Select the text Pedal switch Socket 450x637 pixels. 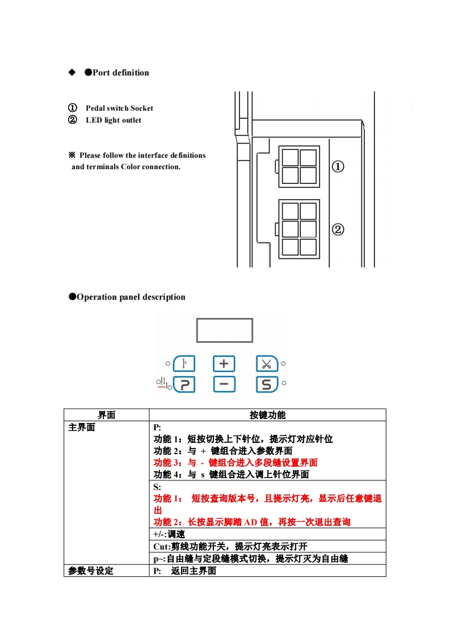point(119,108)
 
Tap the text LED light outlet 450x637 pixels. point(113,120)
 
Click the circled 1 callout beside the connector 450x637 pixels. point(338,166)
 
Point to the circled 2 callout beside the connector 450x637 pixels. point(338,229)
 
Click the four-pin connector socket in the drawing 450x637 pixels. point(299,166)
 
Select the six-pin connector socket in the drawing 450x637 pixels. point(299,229)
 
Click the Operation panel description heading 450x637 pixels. point(131,297)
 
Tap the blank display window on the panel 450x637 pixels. point(224,330)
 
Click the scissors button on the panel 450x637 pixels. point(266,363)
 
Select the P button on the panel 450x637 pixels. point(184,384)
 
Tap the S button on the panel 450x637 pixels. point(266,384)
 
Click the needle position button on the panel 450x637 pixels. point(184,363)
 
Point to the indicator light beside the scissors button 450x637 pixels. point(283,363)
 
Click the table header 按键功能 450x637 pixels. point(267,415)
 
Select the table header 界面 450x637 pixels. point(106,415)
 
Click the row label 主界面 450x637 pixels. point(82,428)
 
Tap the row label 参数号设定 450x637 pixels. point(91,571)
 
